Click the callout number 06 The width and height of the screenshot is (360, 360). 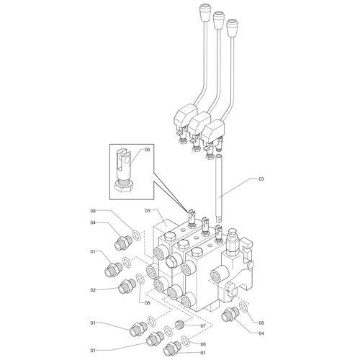[x=147, y=150]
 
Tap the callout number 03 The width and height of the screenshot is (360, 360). [x=261, y=179]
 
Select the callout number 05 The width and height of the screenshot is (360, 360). [x=147, y=210]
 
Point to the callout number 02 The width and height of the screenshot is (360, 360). [x=93, y=290]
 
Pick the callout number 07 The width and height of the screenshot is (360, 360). [x=203, y=325]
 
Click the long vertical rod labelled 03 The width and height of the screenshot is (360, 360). [x=219, y=188]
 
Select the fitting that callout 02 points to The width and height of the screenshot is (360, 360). [x=127, y=286]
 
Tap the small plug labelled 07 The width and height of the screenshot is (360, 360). [x=180, y=325]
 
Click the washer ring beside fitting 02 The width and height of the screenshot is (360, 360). [x=140, y=279]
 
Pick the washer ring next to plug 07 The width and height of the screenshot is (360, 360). [x=168, y=332]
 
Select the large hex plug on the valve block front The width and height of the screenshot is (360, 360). [x=172, y=261]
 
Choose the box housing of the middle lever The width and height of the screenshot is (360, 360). [x=199, y=122]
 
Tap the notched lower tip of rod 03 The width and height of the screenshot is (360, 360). [x=219, y=218]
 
